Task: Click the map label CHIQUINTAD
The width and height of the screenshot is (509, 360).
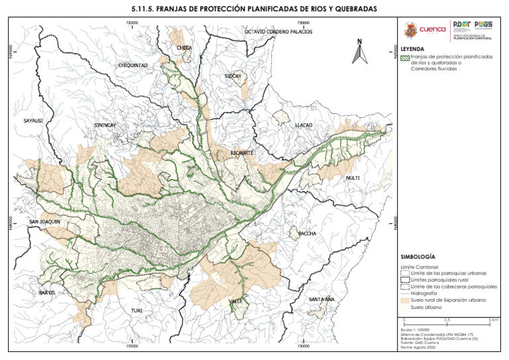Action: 133,66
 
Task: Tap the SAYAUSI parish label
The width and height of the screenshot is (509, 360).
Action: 33,121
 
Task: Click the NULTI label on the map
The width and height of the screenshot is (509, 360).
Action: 353,178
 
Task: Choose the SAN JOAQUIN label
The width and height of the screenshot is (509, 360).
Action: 45,221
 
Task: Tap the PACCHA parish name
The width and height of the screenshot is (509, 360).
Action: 308,233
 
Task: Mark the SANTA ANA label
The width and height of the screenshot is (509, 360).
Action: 321,299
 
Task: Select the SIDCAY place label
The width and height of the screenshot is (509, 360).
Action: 233,76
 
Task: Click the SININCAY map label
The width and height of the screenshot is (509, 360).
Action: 105,125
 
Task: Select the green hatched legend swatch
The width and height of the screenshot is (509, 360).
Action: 405,58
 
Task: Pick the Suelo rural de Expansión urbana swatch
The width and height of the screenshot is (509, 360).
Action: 405,300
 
